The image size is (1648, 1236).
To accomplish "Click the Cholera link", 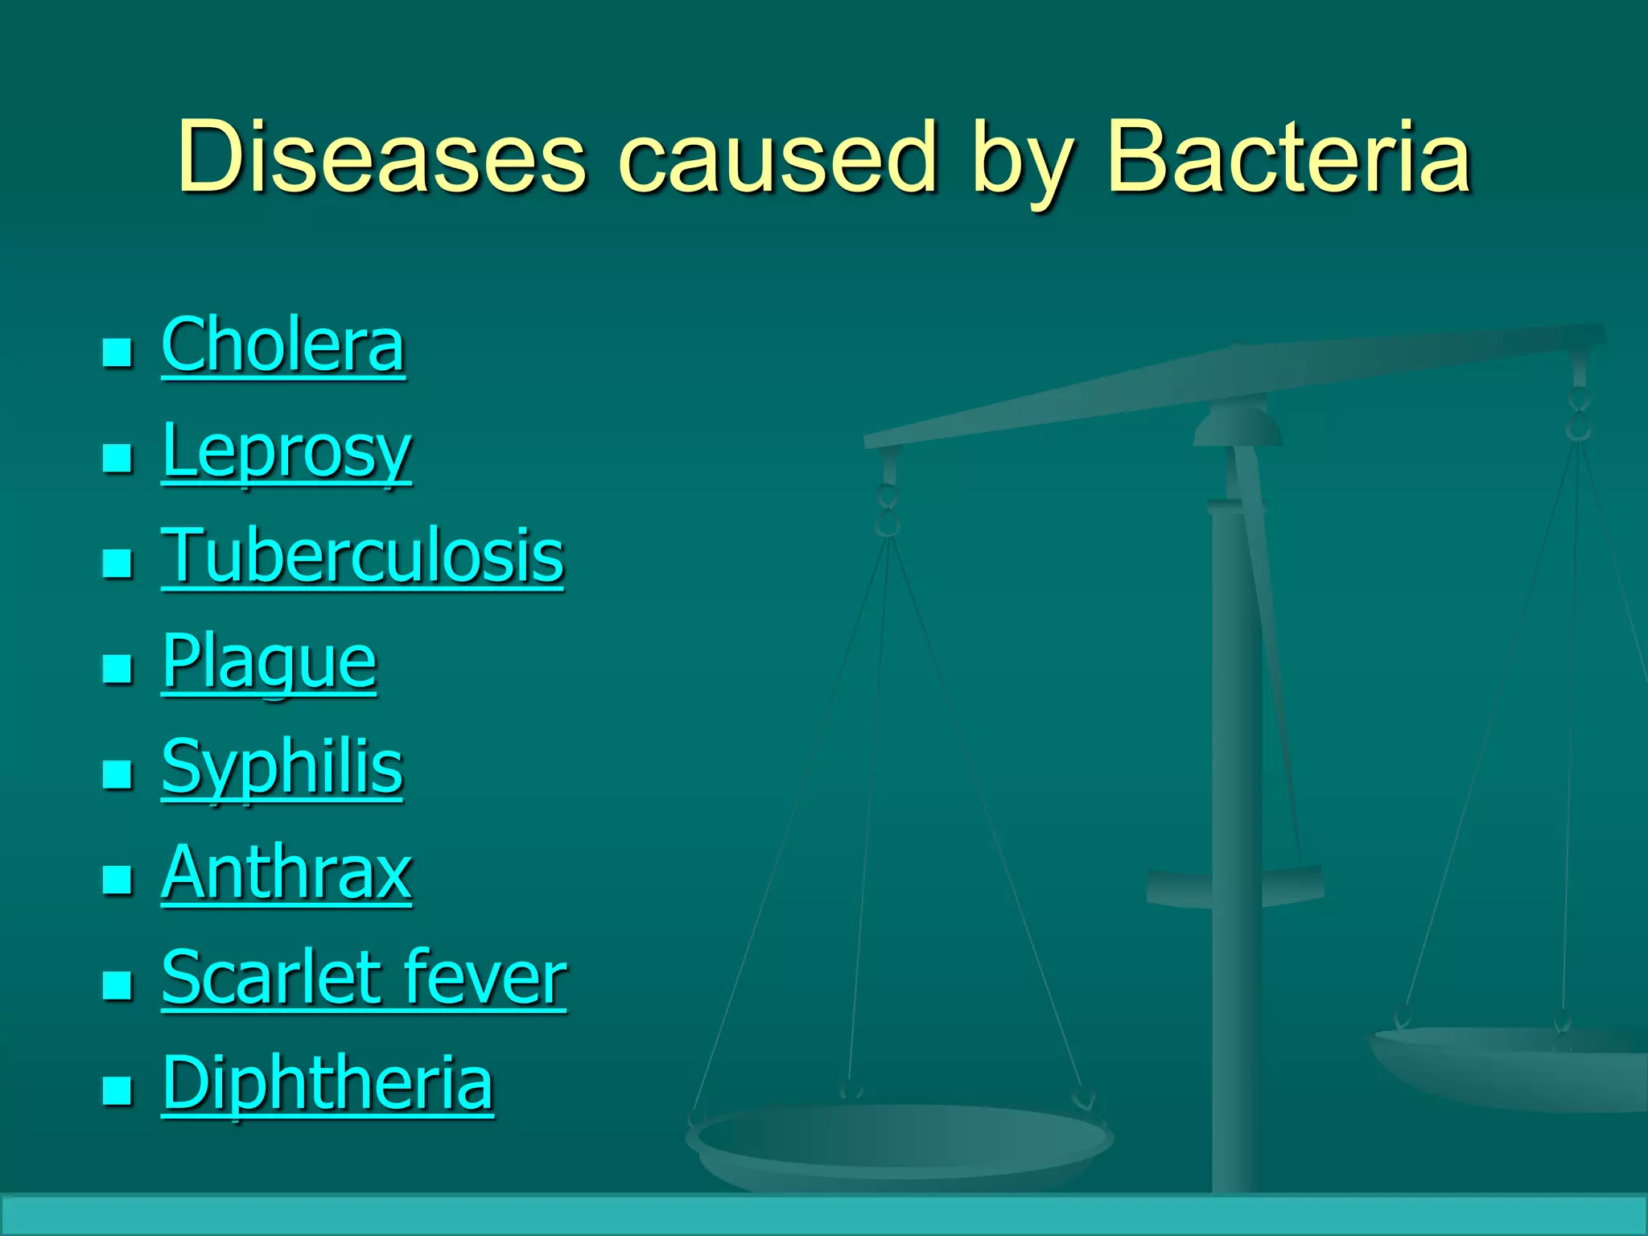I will pos(282,345).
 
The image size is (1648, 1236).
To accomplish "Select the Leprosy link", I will pos(286,451).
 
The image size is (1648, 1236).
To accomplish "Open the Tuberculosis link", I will pos(362,556).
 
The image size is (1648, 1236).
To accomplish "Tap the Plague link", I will pos(269,662).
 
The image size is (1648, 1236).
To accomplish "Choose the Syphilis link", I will pos(282,768).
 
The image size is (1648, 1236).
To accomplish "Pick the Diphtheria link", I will pos(327,1083).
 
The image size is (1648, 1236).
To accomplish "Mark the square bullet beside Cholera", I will pos(117,352).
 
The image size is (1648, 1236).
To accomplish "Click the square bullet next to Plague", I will pos(117,668).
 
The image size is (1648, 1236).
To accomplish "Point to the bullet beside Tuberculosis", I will pos(117,563).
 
